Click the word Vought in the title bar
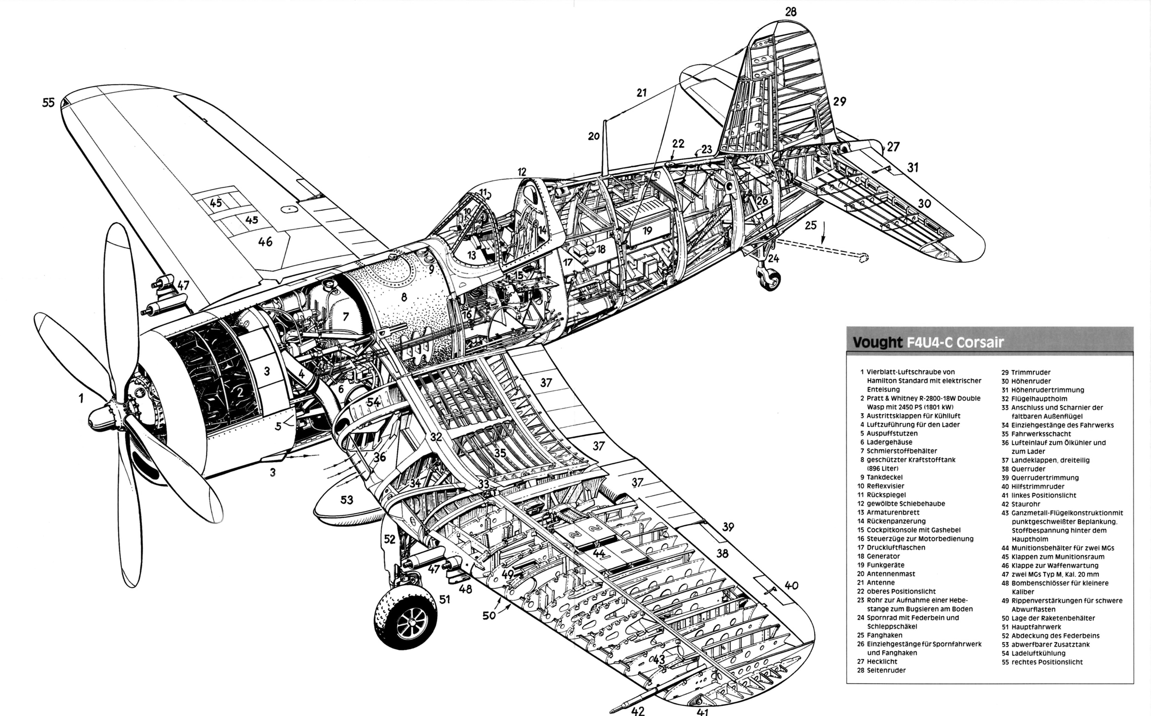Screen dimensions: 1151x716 point(877,342)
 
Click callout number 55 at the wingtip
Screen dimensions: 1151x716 point(48,102)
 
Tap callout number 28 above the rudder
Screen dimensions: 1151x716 point(790,12)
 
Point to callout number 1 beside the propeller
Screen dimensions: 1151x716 point(81,398)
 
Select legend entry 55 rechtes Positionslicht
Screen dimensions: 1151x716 point(1042,662)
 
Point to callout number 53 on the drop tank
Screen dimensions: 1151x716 point(347,500)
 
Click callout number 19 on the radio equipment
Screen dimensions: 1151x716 point(647,231)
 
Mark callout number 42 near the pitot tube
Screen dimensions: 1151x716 point(638,710)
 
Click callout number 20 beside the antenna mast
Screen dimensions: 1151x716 point(594,136)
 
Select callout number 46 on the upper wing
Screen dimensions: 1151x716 point(265,242)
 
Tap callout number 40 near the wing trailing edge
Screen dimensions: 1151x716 point(791,585)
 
